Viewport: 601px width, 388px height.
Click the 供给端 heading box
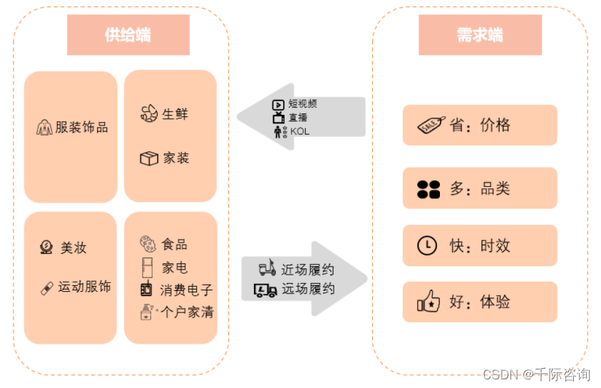click(x=128, y=35)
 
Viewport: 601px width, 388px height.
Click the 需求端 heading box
click(x=480, y=35)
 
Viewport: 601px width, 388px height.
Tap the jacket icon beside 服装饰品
click(x=44, y=128)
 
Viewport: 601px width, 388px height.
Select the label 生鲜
click(x=175, y=113)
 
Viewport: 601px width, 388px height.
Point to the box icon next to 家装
click(x=149, y=158)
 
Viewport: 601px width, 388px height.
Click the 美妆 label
click(x=73, y=248)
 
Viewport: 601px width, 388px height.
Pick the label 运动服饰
click(x=84, y=287)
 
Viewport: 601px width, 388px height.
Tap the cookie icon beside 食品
click(x=148, y=245)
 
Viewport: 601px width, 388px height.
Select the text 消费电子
click(x=186, y=290)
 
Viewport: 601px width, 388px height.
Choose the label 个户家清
click(x=188, y=312)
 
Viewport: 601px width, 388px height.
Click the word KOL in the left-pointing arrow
click(x=300, y=131)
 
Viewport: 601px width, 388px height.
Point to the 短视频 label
click(x=302, y=104)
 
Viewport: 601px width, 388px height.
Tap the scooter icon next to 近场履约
click(x=267, y=269)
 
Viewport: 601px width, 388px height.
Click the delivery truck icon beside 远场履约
click(x=266, y=290)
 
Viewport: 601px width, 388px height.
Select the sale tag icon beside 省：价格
click(x=431, y=126)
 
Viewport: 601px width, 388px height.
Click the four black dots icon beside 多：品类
click(x=428, y=189)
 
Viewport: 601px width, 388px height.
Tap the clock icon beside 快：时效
click(x=427, y=245)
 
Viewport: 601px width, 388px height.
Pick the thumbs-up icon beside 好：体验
click(x=428, y=302)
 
